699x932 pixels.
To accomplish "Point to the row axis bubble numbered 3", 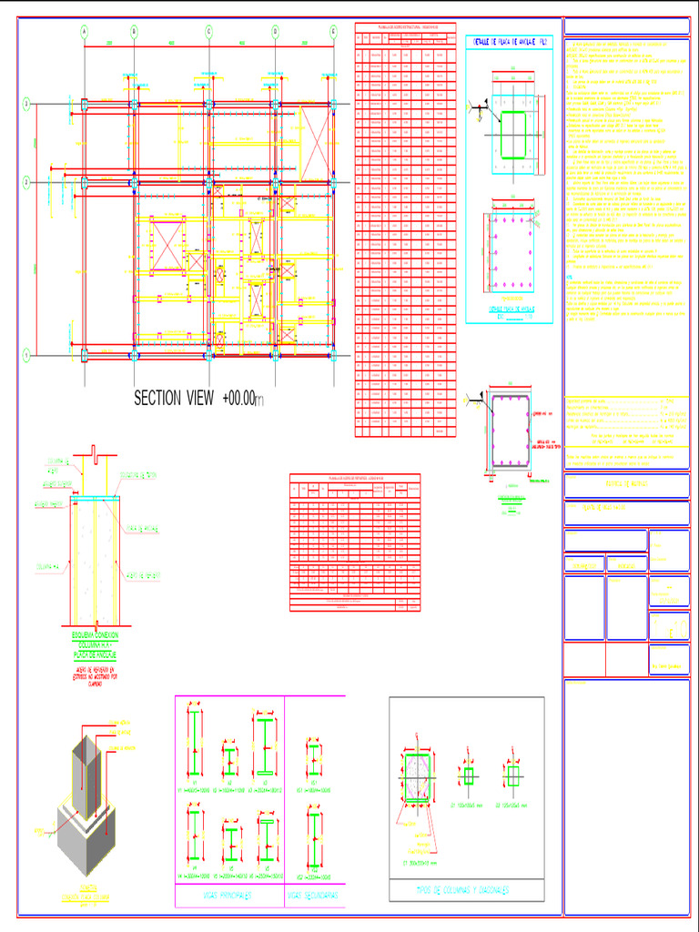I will pyautogui.click(x=27, y=106).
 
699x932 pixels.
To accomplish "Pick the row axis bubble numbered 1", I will pyautogui.click(x=27, y=354).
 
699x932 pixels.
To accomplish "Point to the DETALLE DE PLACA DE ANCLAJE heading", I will pyautogui.click(x=507, y=43).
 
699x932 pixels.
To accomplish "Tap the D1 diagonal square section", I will pyautogui.click(x=469, y=775).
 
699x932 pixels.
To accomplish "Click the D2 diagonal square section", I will pyautogui.click(x=514, y=775).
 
